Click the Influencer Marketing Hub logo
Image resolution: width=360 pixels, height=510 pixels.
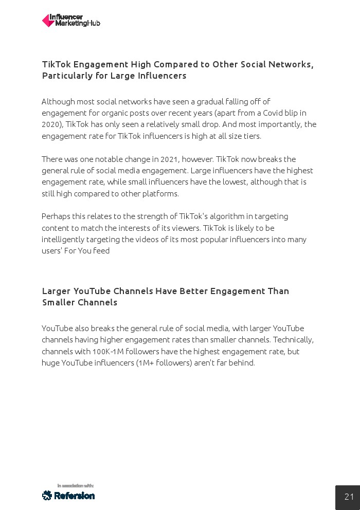pos(71,21)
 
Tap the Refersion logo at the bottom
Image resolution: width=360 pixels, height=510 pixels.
pos(68,496)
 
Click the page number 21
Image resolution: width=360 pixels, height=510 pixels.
pos(349,497)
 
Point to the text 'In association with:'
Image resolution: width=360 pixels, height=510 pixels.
pos(75,485)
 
